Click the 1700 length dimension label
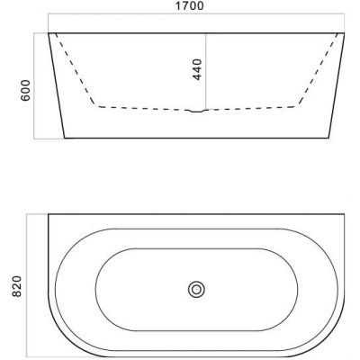coord(189,6)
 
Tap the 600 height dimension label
coord(25,90)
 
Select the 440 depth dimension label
coord(197,69)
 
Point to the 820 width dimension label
coord(17,286)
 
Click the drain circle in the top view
coord(196,290)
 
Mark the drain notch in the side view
coord(196,111)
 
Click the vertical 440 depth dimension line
coord(206,71)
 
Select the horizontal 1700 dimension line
coord(196,13)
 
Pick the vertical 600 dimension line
coord(34,85)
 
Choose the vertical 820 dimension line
coord(27,285)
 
